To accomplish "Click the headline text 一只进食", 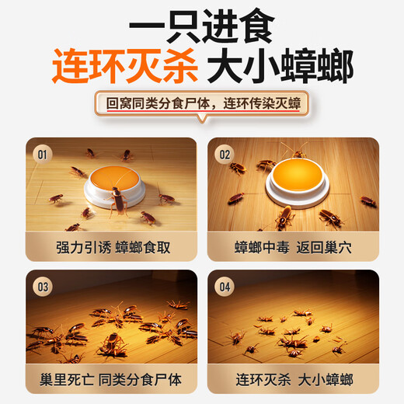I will click(x=202, y=28).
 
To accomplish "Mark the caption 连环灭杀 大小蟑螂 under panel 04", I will click(x=293, y=379).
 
